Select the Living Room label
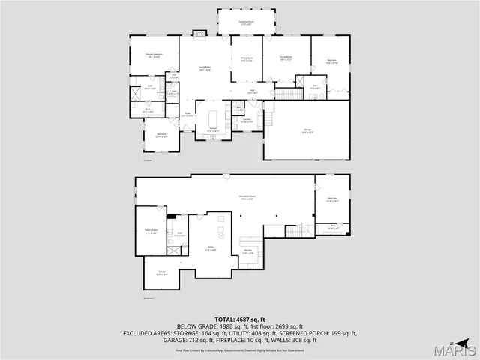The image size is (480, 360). click(205, 69)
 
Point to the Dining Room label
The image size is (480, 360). click(246, 59)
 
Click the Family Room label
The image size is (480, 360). click(286, 59)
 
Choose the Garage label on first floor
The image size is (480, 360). click(307, 131)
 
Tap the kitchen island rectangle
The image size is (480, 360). click(212, 118)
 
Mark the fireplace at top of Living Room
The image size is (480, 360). click(199, 33)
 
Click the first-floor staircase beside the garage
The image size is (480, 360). click(286, 93)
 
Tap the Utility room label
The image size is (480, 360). click(210, 250)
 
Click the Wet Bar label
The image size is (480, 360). click(248, 251)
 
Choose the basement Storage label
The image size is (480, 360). click(161, 272)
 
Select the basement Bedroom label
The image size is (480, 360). click(332, 199)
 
